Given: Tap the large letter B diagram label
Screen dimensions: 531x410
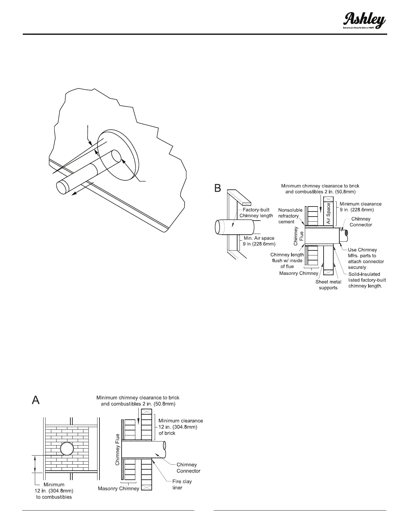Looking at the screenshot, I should (x=218, y=188).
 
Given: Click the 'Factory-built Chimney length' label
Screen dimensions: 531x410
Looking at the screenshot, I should (x=256, y=213).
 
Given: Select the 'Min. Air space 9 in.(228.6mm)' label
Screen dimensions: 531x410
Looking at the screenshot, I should (x=259, y=241).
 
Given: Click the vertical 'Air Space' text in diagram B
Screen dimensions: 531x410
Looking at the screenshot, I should (x=328, y=214).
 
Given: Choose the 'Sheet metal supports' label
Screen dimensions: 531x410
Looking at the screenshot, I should (x=328, y=285).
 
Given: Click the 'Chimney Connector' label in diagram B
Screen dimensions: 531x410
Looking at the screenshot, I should (x=361, y=222).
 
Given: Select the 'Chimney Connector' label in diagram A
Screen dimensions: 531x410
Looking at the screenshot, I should (x=188, y=468).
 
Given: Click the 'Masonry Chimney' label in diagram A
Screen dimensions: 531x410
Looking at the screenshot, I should (x=118, y=488).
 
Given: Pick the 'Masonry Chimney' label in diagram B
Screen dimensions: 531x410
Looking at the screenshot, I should (x=298, y=273).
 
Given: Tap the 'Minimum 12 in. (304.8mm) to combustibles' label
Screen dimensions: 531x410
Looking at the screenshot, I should (x=54, y=490).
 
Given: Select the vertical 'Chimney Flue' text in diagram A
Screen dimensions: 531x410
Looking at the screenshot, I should (x=118, y=449).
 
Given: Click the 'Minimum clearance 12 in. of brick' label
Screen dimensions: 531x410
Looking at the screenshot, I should (x=181, y=426).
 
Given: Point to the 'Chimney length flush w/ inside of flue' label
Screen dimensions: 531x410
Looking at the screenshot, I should (x=287, y=260).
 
